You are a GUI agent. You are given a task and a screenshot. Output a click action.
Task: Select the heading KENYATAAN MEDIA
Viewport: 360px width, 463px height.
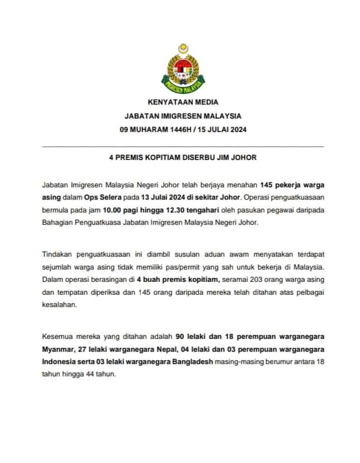coord(183,102)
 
